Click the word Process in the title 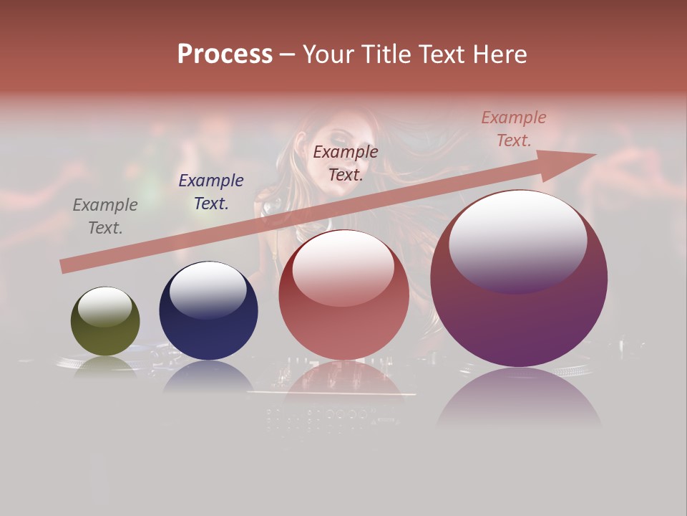pyautogui.click(x=225, y=54)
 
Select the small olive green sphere pyautogui.click(x=105, y=322)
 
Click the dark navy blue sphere pyautogui.click(x=208, y=311)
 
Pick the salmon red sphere pyautogui.click(x=343, y=295)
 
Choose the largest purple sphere pyautogui.click(x=519, y=279)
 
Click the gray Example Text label pyautogui.click(x=104, y=216)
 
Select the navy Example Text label pyautogui.click(x=211, y=192)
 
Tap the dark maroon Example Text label pyautogui.click(x=346, y=163)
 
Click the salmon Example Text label pyautogui.click(x=513, y=129)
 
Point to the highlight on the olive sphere pyautogui.click(x=105, y=307)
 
